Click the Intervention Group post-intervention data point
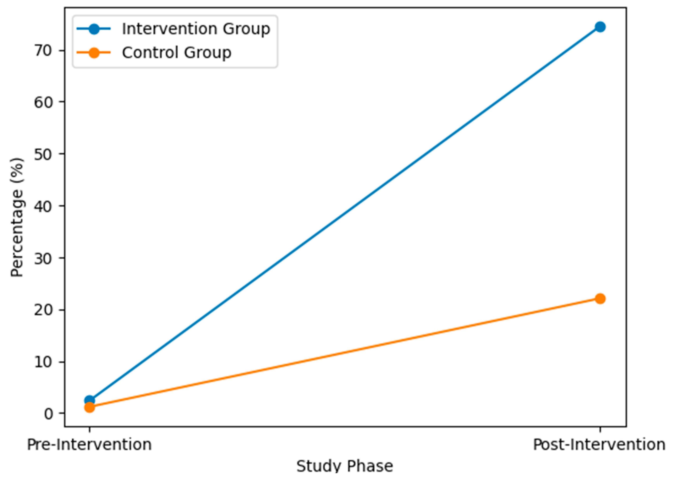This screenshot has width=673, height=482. (x=600, y=27)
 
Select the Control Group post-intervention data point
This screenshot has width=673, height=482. (x=600, y=299)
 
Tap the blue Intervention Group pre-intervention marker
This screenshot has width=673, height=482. (x=90, y=400)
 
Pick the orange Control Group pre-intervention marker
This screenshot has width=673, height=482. (x=90, y=407)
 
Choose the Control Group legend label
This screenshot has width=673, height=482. (x=177, y=53)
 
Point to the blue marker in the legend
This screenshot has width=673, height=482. (x=94, y=29)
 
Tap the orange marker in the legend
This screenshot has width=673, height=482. (x=94, y=53)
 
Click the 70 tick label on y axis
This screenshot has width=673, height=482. (x=43, y=51)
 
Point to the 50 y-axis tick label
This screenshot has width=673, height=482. (x=43, y=154)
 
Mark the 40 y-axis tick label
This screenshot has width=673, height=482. (x=43, y=206)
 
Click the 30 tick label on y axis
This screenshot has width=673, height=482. (x=43, y=258)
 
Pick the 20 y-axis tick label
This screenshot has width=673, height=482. (x=43, y=310)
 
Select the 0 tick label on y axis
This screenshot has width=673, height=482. (x=48, y=414)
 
